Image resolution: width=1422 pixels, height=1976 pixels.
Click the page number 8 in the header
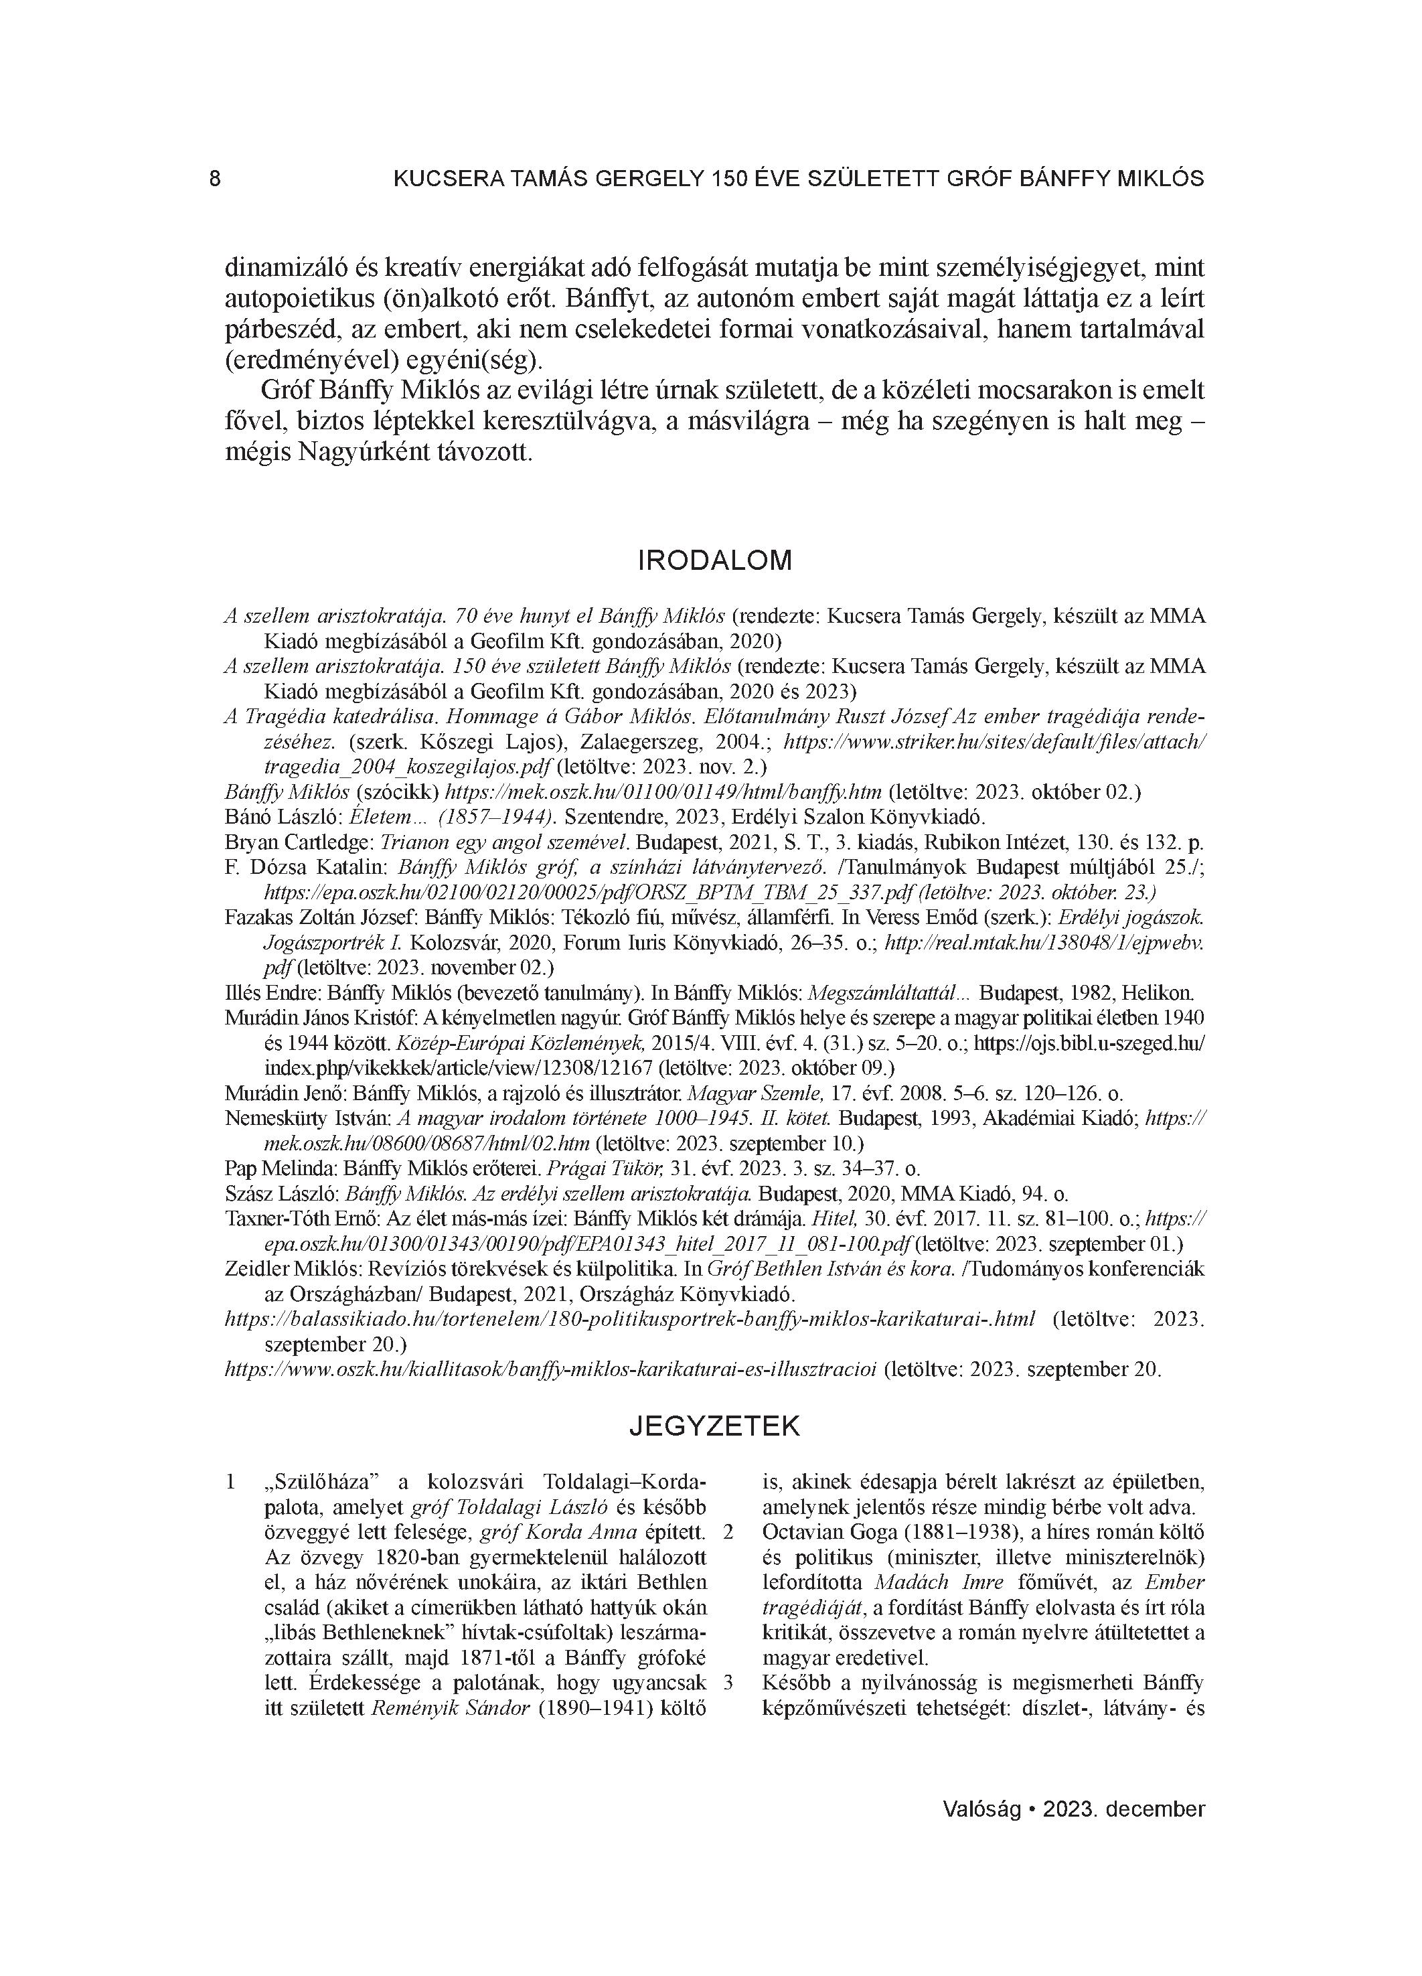coord(215,179)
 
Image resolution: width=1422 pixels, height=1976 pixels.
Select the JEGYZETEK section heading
coord(714,1427)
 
